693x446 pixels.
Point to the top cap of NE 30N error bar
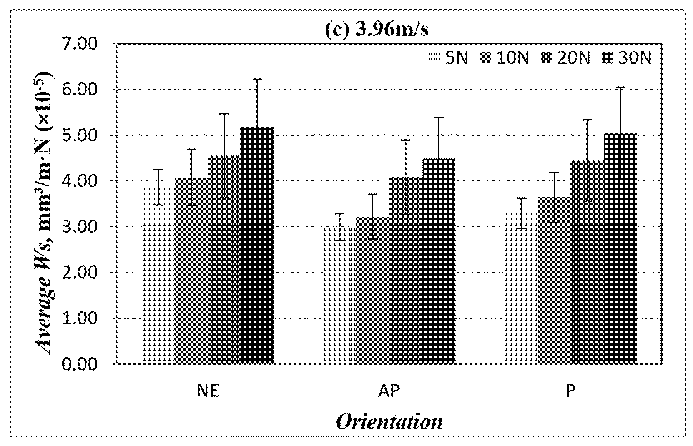point(257,79)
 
